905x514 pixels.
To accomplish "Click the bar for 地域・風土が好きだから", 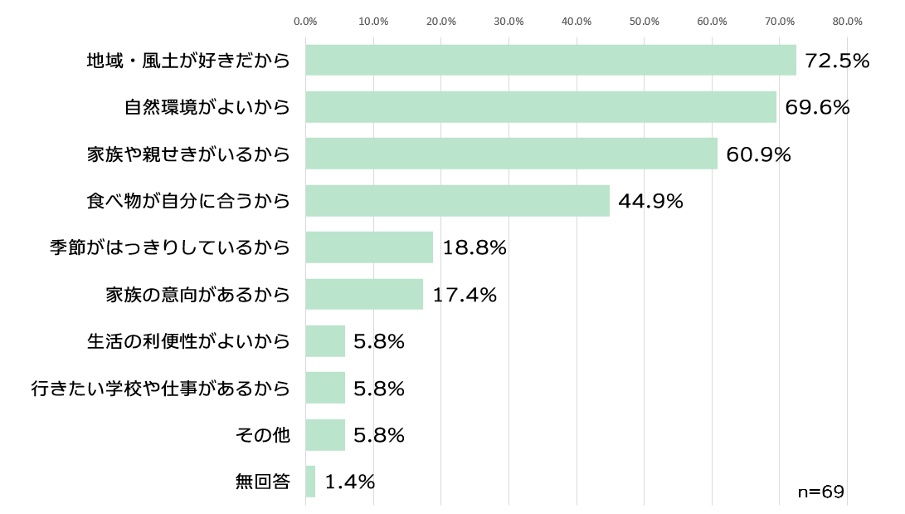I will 551,61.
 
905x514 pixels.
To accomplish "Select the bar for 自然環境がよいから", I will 541,107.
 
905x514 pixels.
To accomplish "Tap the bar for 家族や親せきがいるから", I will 511,154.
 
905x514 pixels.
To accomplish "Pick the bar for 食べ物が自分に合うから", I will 457,201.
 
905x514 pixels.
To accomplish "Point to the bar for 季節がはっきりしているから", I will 369,247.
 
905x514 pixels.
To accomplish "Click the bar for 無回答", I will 310,482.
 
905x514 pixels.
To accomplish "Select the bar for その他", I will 325,435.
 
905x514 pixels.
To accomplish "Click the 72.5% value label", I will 837,61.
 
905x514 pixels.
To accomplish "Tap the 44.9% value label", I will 650,201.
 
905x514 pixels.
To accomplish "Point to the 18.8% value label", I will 474,247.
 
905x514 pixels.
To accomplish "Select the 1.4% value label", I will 349,482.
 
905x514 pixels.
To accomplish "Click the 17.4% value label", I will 464,295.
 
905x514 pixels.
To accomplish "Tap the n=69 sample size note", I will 820,492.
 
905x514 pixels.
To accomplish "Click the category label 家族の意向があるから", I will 198,295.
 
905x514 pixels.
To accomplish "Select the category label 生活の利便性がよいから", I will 189,341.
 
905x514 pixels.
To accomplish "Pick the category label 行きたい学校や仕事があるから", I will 161,388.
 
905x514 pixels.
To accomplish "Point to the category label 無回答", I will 263,482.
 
